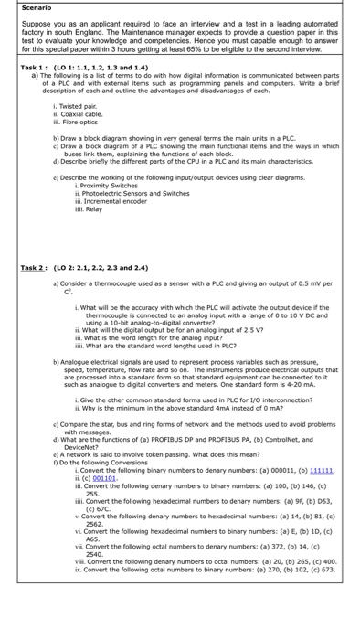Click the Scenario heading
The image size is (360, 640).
coord(22,7)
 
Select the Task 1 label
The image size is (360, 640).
coord(23,69)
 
